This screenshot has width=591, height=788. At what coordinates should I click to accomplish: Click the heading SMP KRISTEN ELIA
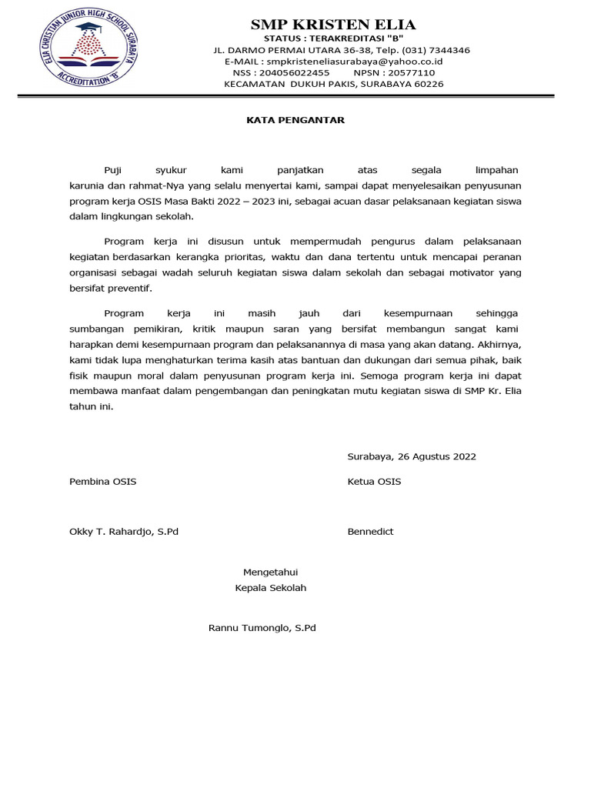pyautogui.click(x=333, y=24)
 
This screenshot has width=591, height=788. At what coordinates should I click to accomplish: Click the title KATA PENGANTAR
pyautogui.click(x=295, y=120)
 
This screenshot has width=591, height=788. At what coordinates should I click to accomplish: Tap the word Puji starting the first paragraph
pyautogui.click(x=113, y=169)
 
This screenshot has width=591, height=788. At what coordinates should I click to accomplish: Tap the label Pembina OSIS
pyautogui.click(x=103, y=482)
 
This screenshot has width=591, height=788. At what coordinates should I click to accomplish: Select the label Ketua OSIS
pyautogui.click(x=374, y=482)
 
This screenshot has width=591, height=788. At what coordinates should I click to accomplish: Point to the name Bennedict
pyautogui.click(x=370, y=532)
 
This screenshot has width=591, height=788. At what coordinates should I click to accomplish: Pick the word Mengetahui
pyautogui.click(x=270, y=572)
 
